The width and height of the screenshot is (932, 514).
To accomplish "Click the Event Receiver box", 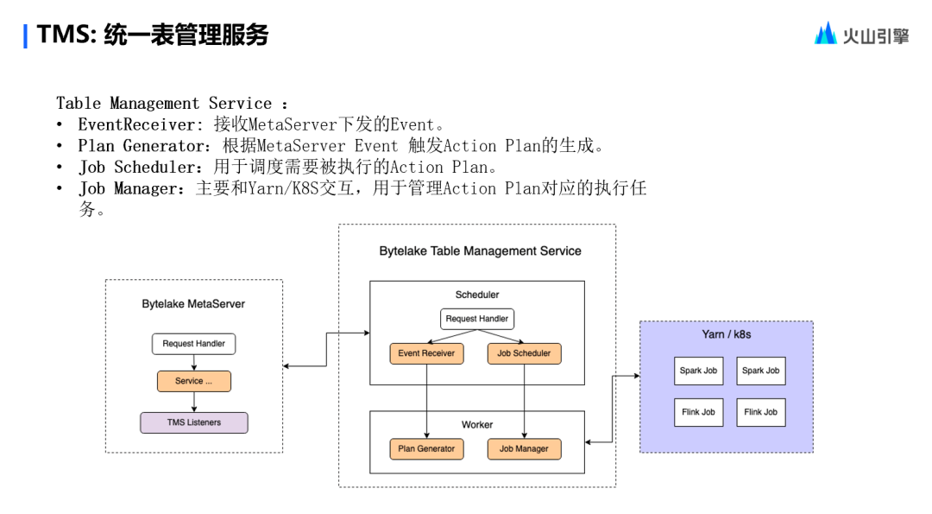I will (426, 353).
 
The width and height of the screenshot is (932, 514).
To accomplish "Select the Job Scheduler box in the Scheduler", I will (525, 353).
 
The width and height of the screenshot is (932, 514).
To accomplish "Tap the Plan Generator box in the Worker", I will (426, 449).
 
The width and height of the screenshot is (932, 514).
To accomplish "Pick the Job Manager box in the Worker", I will (525, 449).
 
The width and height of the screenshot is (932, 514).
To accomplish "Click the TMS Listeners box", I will (194, 422).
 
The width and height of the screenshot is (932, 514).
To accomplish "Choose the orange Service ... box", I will (194, 381).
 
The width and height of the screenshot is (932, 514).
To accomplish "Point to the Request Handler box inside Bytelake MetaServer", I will (194, 344).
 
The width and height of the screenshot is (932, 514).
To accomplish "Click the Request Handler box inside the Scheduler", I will (477, 319).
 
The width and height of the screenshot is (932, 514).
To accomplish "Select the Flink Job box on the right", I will (761, 412).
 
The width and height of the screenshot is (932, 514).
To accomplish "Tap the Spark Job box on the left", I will (698, 371).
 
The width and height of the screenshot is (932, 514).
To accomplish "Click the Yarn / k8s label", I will (727, 333).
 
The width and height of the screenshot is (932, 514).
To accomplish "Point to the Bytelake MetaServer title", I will (193, 304).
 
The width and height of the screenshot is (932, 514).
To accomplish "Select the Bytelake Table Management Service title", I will (481, 251).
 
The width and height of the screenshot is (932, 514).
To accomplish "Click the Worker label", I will (477, 425).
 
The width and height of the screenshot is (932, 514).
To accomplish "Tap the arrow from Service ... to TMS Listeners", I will (194, 403).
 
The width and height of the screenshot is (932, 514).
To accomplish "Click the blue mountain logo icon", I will (826, 34).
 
